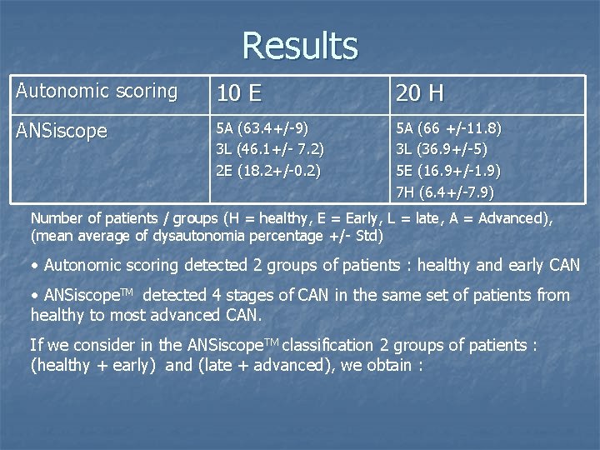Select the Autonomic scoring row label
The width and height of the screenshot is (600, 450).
coord(97,92)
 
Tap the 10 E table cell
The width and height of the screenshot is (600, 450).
coord(238,93)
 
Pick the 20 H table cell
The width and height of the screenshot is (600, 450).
coord(420,93)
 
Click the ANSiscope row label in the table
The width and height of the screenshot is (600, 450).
coord(62,131)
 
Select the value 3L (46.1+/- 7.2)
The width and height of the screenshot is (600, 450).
coord(270,150)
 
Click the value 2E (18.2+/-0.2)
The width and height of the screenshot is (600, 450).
coord(268,171)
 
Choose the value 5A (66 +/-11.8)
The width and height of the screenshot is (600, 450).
coord(448,129)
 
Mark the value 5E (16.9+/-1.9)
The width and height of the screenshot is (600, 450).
coord(448,171)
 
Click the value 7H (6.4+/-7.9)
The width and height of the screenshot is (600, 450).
coord(445,192)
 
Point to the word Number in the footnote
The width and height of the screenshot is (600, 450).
coord(56,218)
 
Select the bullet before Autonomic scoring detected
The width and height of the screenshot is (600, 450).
coord(34,266)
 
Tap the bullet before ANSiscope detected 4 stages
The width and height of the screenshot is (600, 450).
coord(34,296)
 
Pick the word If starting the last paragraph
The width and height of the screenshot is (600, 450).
coord(36,345)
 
